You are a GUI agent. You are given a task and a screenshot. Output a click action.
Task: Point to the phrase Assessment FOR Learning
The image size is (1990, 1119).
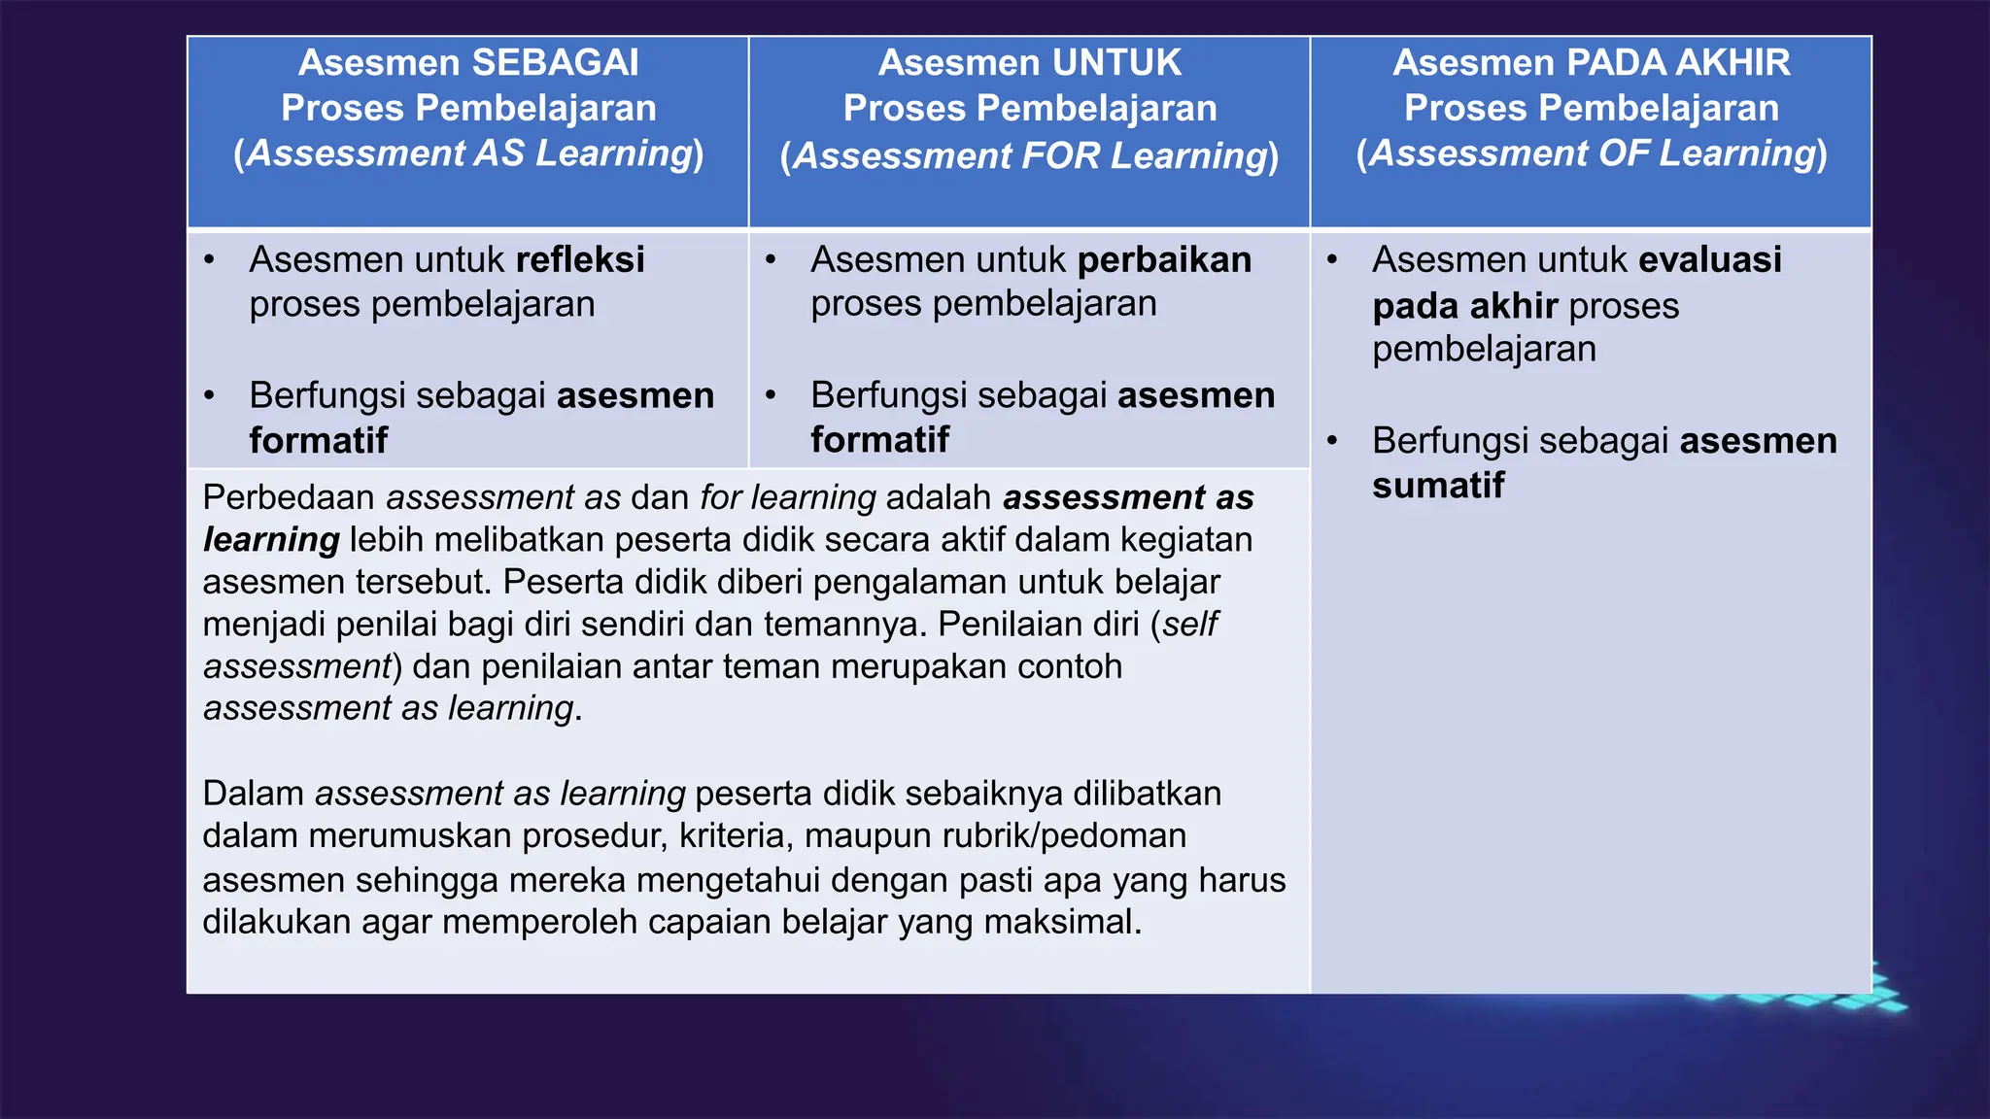(x=1029, y=155)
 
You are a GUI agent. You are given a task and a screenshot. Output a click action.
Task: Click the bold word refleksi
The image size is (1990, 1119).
(x=580, y=260)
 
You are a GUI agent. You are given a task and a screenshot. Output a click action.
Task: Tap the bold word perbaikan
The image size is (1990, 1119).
(x=1164, y=260)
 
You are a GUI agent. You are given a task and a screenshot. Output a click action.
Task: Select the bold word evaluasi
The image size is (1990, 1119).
(x=1710, y=260)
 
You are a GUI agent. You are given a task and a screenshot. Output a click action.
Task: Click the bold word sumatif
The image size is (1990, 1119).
(x=1438, y=486)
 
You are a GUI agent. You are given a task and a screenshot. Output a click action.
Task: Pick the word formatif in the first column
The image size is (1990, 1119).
(x=319, y=441)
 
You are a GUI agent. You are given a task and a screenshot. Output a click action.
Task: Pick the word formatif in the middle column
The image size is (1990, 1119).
(x=880, y=440)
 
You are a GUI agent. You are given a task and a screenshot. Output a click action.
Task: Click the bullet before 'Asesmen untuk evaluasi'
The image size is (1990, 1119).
(x=1332, y=260)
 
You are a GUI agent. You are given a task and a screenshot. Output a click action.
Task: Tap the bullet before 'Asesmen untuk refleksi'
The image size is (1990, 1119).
(x=209, y=260)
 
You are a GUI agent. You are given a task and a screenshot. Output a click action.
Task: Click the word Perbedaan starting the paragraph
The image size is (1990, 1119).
(x=289, y=497)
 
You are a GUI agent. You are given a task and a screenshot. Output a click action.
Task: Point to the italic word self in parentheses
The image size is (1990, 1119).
(x=1189, y=624)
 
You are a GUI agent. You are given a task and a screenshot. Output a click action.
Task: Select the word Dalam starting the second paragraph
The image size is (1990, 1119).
(x=253, y=794)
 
